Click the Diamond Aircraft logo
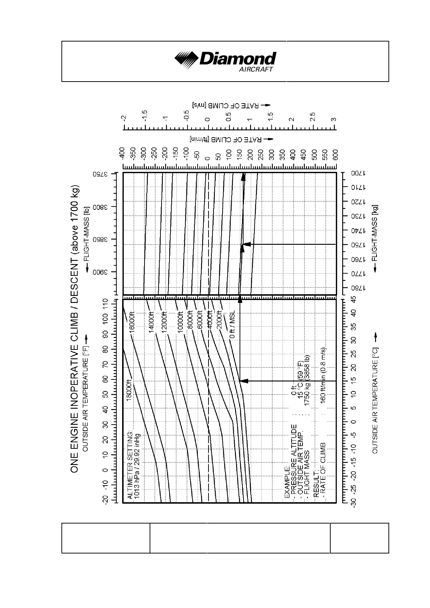click(225, 61)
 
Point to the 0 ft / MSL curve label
click(232, 324)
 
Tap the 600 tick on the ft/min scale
click(335, 154)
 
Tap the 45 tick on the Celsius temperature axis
click(354, 299)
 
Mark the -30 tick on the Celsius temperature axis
click(354, 502)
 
